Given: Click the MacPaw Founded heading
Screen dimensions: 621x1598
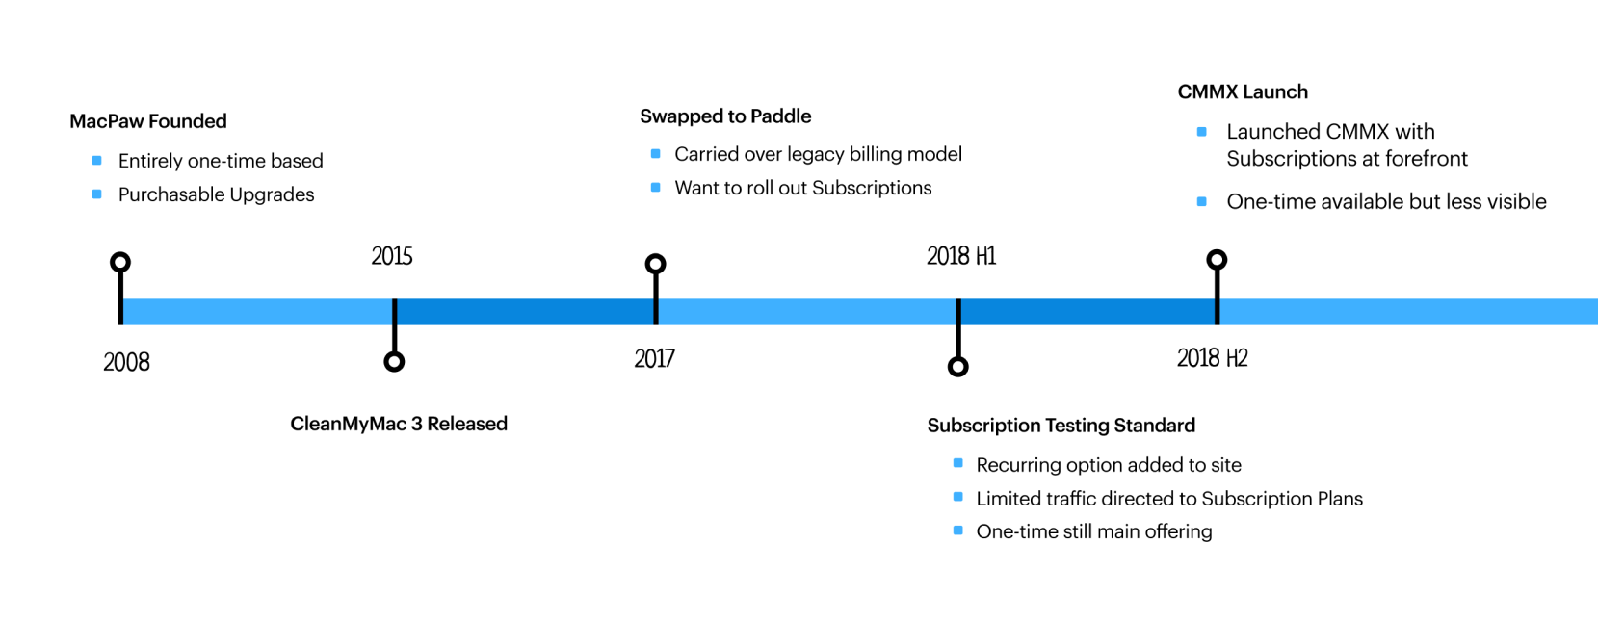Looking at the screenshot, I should coord(148,121).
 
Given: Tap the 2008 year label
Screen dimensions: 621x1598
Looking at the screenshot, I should coord(126,362).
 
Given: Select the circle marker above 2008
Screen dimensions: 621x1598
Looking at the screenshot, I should coord(120,262).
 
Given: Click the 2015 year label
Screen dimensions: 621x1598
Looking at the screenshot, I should coord(392,256).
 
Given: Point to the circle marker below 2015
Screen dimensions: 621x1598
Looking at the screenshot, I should coord(394,361).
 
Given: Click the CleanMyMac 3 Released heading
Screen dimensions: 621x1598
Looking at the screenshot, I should coord(399,424).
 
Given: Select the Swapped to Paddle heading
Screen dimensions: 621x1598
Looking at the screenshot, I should coord(725,116).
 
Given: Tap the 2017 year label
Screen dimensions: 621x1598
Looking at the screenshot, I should coord(654,358).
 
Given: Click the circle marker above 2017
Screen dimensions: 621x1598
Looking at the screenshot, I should coord(656,264).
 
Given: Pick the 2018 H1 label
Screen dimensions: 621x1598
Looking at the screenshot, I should coord(961,256).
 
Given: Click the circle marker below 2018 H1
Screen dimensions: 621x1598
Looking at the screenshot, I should coord(957,367).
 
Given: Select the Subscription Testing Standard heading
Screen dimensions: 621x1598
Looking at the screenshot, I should coord(1061,426).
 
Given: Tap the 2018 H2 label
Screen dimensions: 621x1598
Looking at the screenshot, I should coord(1212,358).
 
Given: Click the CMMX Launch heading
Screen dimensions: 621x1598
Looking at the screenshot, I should coord(1243,92).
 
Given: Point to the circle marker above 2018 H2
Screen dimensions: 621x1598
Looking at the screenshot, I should coord(1217,260).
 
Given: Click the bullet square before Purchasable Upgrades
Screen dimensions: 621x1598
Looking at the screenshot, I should coord(96,194).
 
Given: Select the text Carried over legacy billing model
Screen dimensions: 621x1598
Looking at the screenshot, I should coord(818,154).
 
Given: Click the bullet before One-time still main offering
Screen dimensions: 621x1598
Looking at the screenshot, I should coord(957,530).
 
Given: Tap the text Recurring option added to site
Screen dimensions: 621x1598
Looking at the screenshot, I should coord(1108,465).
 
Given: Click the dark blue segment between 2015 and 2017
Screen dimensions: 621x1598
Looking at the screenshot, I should coord(525,312).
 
